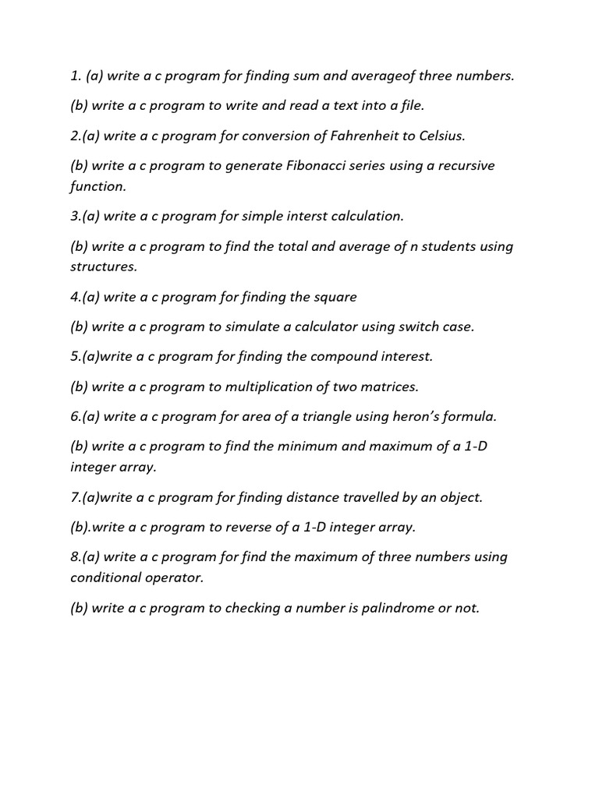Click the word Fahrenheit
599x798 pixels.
pyautogui.click(x=370, y=136)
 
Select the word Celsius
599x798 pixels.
pyautogui.click(x=441, y=136)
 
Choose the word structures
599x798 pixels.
pyautogui.click(x=103, y=267)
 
